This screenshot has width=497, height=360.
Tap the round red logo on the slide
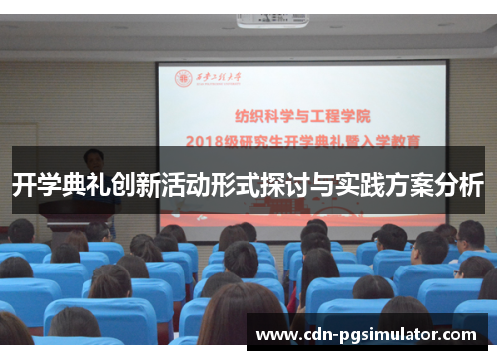click(x=184, y=78)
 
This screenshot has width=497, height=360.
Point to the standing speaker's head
click(x=94, y=158)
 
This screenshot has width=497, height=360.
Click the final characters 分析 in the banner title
click(x=461, y=185)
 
